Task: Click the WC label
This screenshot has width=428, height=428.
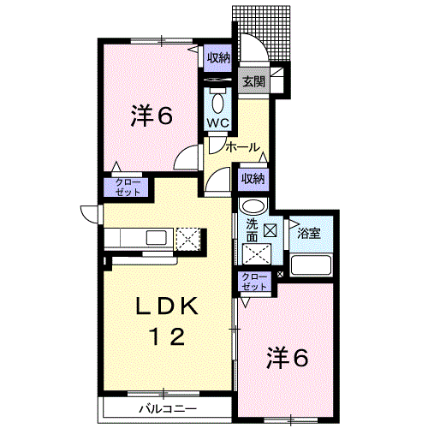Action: [217, 122]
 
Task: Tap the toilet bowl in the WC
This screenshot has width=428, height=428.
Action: [217, 101]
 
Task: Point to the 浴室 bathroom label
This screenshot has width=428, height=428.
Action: [309, 234]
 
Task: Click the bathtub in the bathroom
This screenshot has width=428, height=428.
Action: [308, 264]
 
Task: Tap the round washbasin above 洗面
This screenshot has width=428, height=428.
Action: [253, 207]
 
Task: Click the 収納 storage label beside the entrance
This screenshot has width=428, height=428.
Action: [218, 57]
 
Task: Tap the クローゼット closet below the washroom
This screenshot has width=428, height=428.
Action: [253, 282]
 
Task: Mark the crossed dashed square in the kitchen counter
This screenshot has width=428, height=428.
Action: [187, 238]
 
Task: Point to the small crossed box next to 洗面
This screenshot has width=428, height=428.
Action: [270, 229]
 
